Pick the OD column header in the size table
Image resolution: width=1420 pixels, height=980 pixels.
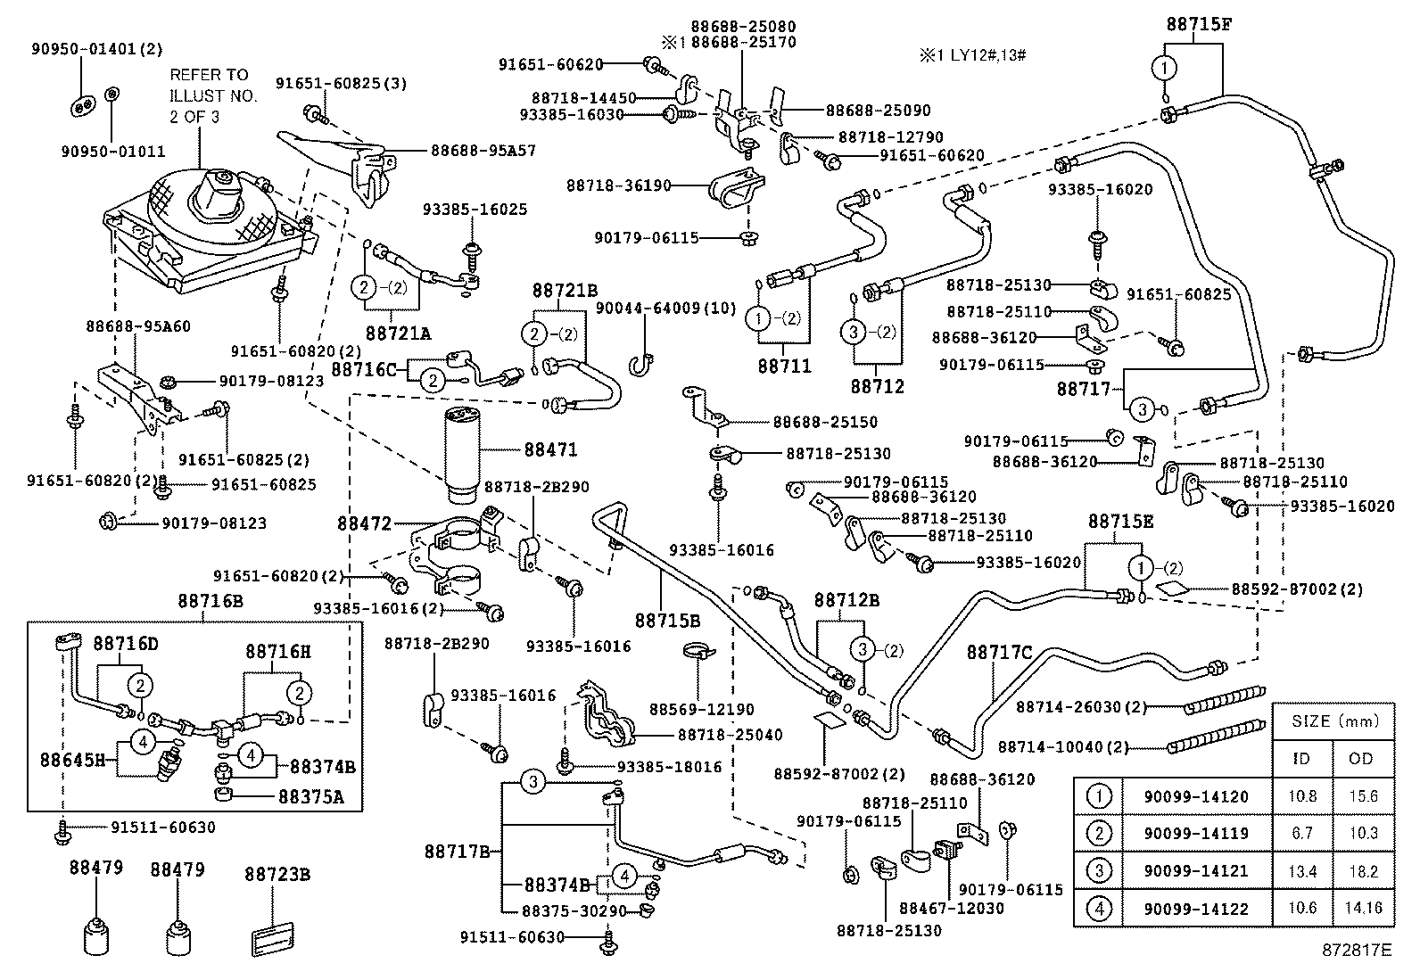1363,759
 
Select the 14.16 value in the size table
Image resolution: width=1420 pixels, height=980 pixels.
1363,909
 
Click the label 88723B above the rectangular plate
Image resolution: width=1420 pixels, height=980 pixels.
277,875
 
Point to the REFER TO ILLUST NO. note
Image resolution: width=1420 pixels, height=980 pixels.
213,95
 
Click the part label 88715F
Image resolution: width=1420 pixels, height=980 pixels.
1199,24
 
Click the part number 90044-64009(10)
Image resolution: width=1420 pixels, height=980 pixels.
665,309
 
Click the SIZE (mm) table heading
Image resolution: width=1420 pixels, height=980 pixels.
1333,721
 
